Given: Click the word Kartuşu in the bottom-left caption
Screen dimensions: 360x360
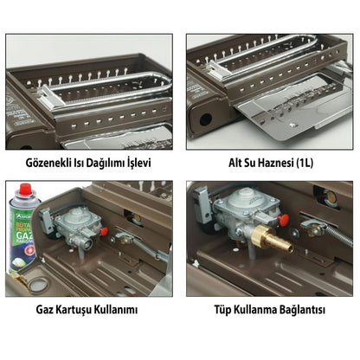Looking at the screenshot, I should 80,309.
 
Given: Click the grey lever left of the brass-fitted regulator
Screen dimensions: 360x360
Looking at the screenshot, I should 202,212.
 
